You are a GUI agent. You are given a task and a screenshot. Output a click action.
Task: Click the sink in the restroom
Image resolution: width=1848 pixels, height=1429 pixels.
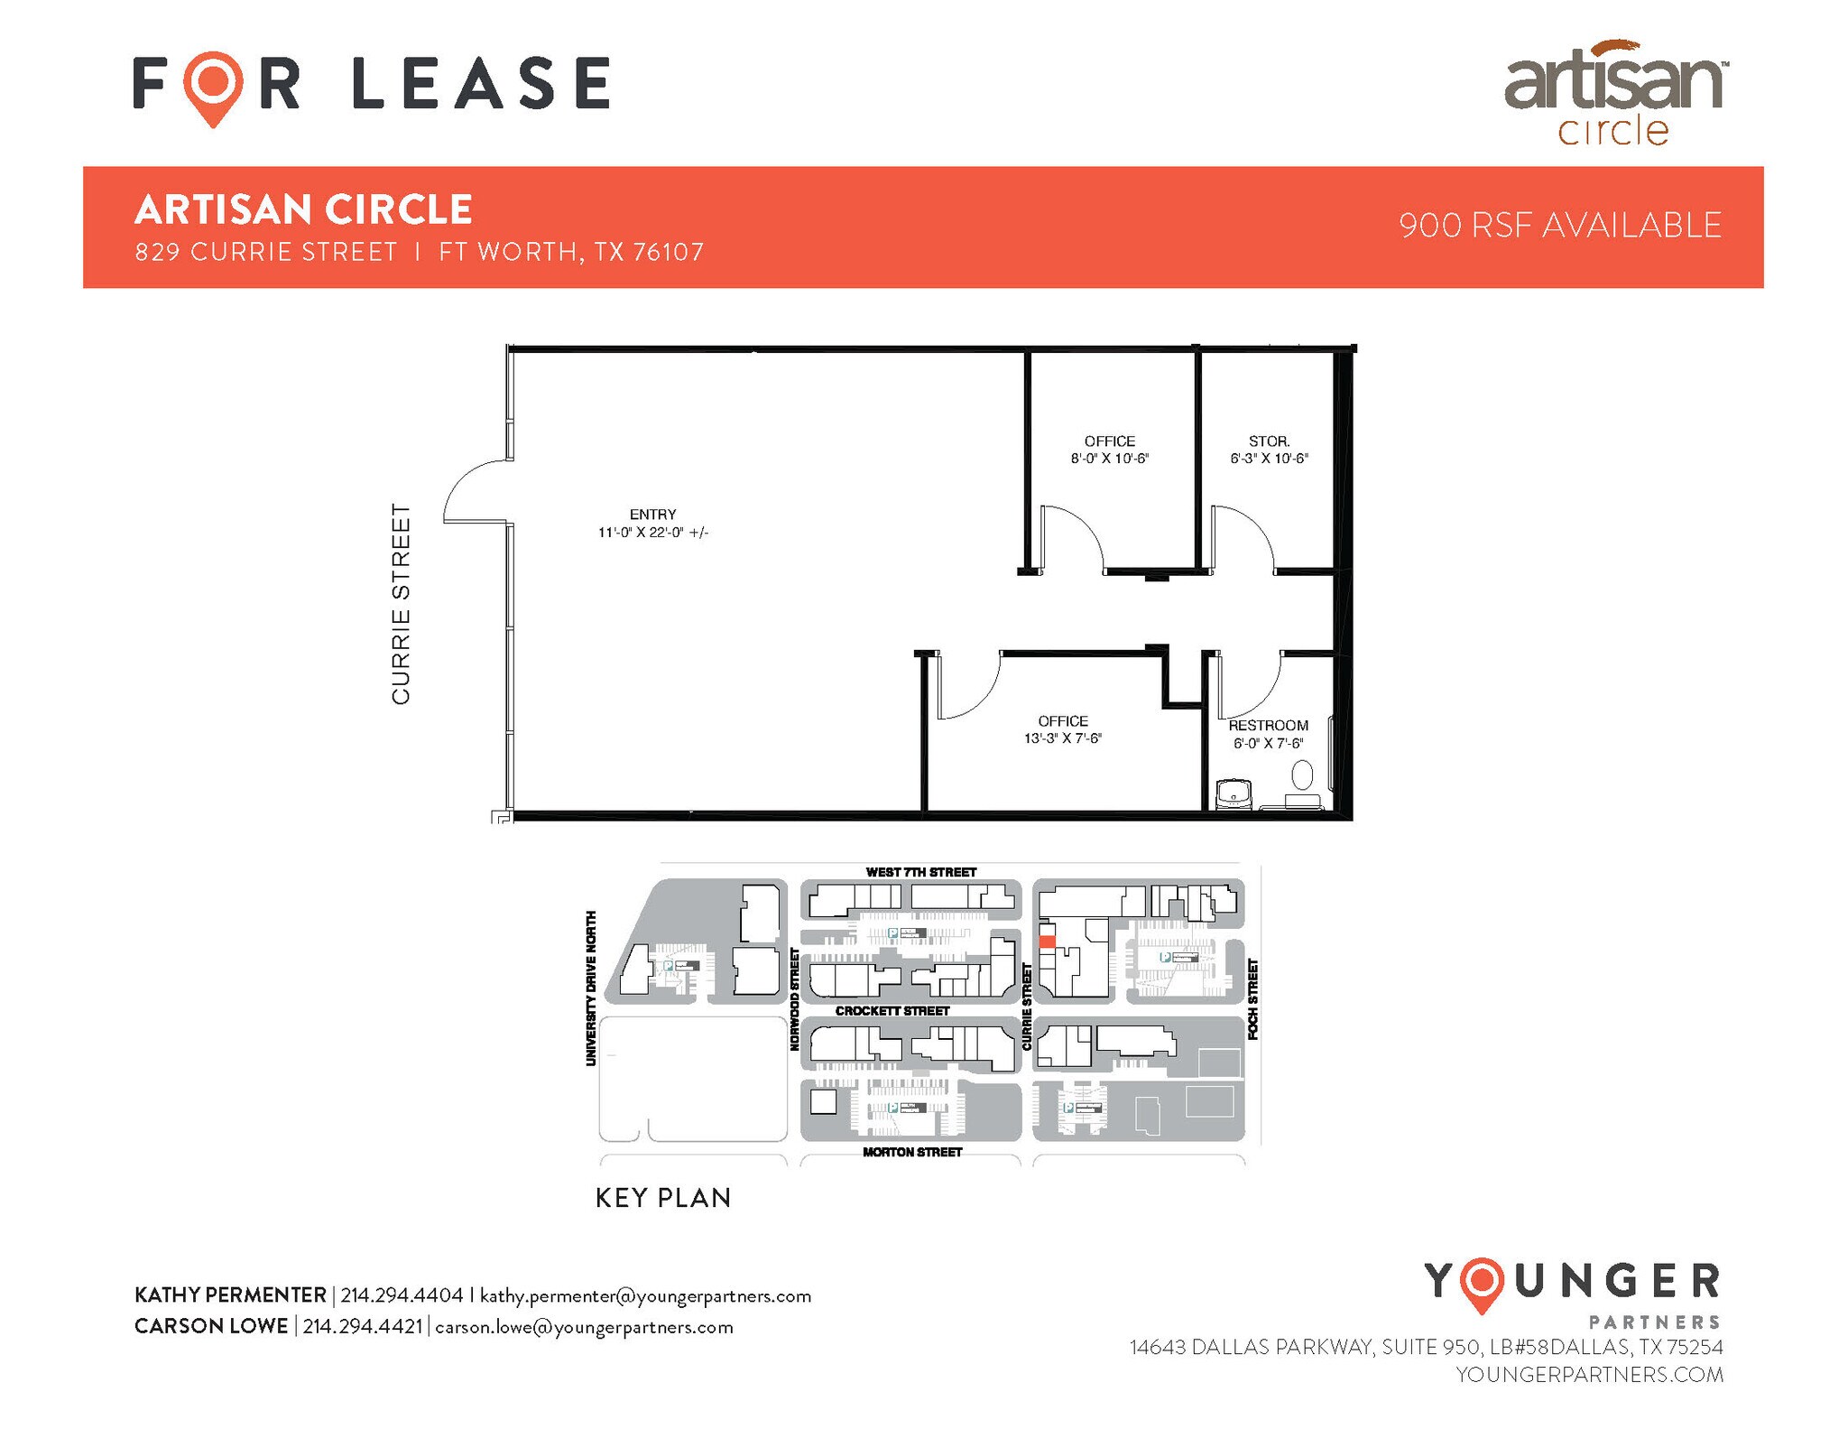(1233, 794)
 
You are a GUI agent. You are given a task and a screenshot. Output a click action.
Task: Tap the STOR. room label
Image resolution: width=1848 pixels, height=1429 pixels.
(1269, 441)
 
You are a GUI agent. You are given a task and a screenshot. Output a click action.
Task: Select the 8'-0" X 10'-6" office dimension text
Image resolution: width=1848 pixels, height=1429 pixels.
(1109, 459)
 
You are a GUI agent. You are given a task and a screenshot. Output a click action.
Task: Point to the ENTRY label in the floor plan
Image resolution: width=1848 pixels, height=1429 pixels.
(652, 515)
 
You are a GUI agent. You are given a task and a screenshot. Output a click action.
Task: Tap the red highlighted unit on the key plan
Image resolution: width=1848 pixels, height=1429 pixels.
(1047, 941)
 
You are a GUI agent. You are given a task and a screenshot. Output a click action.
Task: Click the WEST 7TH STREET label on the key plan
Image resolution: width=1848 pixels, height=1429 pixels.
(920, 872)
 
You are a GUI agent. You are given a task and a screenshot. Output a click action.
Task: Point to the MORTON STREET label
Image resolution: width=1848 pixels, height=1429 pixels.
(912, 1152)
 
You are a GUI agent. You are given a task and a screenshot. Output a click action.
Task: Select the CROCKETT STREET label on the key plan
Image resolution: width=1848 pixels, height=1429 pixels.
(892, 1011)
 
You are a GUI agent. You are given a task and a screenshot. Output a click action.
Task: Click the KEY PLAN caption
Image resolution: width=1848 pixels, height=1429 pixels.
(663, 1198)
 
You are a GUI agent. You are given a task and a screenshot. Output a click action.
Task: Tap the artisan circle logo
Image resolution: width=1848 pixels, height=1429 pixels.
(1614, 93)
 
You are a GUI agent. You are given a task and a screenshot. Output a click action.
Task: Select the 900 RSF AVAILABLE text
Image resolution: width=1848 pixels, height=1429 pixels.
(1560, 226)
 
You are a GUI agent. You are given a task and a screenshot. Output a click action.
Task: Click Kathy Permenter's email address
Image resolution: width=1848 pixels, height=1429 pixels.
(645, 1296)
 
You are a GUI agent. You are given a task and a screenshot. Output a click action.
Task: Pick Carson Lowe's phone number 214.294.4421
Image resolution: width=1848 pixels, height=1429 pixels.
(363, 1327)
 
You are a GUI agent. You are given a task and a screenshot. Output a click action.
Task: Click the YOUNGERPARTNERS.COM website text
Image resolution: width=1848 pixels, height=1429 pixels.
(1589, 1375)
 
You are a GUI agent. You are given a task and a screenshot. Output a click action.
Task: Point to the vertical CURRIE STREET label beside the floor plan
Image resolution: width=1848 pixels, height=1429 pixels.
(401, 604)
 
